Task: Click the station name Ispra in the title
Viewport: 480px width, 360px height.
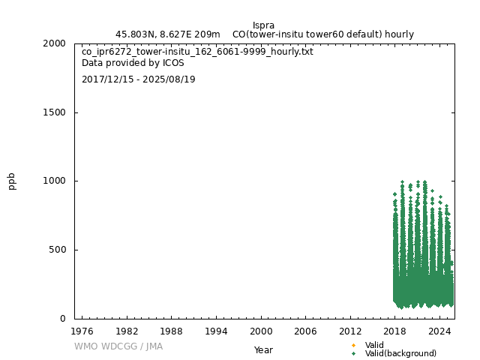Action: (264, 25)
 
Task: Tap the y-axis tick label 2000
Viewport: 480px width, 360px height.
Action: (55, 43)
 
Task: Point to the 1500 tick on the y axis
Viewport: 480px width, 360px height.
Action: (55, 112)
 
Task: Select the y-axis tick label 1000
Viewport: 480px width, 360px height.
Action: (55, 181)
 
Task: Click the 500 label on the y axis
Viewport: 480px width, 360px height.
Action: (58, 250)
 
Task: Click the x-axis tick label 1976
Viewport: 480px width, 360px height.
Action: (82, 331)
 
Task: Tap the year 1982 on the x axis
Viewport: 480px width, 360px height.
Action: (127, 331)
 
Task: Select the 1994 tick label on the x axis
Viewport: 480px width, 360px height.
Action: (216, 331)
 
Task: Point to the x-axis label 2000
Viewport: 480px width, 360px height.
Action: (261, 331)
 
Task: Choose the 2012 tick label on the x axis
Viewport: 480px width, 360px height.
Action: (350, 331)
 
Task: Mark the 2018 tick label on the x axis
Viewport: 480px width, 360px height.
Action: (395, 331)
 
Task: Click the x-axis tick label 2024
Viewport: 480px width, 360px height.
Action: (439, 331)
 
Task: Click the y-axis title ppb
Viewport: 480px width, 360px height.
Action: (12, 181)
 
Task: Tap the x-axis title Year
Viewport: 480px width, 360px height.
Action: (263, 349)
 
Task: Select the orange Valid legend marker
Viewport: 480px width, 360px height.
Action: (353, 345)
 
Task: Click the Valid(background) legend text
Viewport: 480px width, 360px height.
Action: (400, 353)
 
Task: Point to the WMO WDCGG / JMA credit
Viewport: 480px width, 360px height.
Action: (118, 346)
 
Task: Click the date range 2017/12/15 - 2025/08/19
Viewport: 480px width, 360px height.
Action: (138, 79)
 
